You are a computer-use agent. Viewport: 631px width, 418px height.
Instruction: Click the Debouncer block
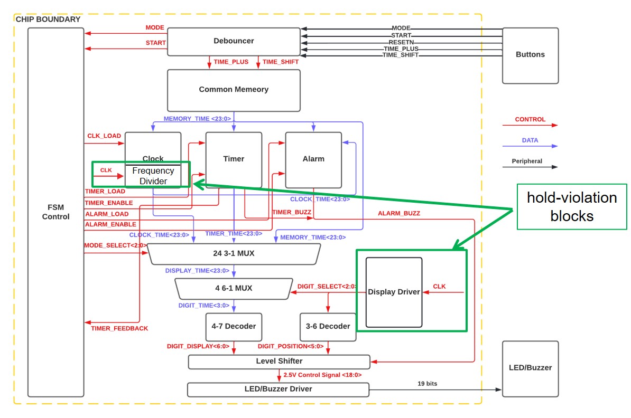pyautogui.click(x=234, y=41)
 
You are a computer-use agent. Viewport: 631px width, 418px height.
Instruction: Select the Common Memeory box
pyautogui.click(x=234, y=90)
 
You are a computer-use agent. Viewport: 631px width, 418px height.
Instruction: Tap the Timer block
pyautogui.click(x=234, y=159)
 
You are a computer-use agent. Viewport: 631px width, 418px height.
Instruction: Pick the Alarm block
pyautogui.click(x=313, y=159)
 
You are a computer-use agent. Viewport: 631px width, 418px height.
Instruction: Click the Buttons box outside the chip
pyautogui.click(x=530, y=55)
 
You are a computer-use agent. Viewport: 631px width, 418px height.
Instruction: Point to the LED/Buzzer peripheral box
pyautogui.click(x=530, y=368)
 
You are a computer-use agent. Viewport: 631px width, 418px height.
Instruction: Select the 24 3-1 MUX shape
pyautogui.click(x=234, y=254)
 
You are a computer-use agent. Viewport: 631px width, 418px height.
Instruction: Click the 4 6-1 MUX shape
pyautogui.click(x=234, y=288)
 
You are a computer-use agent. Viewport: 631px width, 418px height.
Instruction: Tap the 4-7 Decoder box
pyautogui.click(x=234, y=327)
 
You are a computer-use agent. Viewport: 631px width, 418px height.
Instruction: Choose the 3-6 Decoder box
pyautogui.click(x=328, y=327)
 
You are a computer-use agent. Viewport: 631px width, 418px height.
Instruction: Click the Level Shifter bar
pyautogui.click(x=279, y=362)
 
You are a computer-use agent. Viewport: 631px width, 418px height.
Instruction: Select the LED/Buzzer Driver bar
pyautogui.click(x=278, y=389)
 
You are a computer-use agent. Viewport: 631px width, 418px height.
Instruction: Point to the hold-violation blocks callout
pyautogui.click(x=572, y=206)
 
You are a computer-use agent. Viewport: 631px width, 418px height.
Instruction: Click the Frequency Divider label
pyautogui.click(x=153, y=176)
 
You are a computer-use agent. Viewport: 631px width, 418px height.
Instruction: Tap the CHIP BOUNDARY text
pyautogui.click(x=48, y=20)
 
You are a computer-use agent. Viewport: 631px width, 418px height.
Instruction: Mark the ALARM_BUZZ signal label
pyautogui.click(x=399, y=213)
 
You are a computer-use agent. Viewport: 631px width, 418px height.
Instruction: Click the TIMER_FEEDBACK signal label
pyautogui.click(x=119, y=328)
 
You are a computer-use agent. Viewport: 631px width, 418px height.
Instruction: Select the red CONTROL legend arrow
pyautogui.click(x=530, y=126)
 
